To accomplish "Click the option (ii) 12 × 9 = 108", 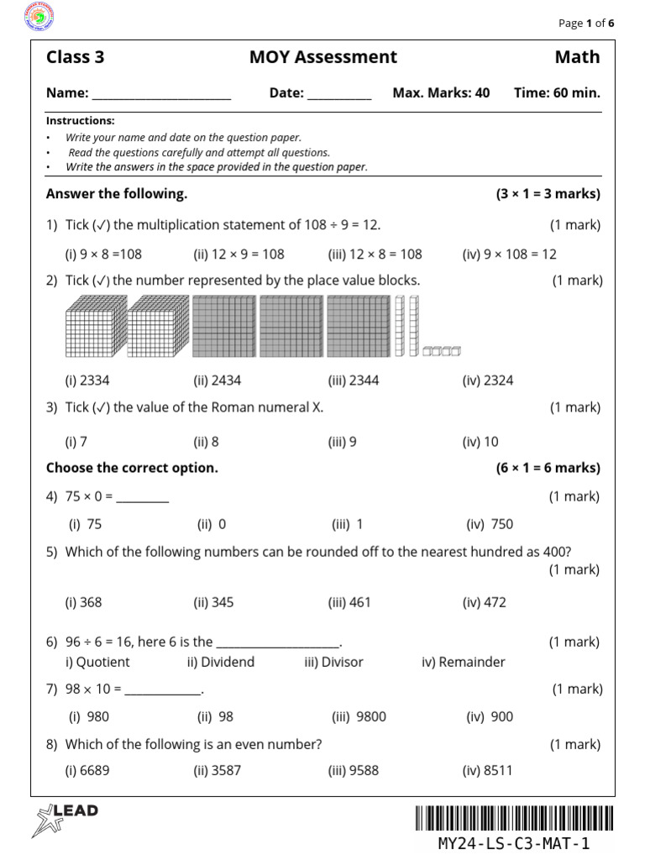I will [239, 254].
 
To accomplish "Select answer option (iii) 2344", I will [354, 380].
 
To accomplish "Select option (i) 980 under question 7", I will [89, 716].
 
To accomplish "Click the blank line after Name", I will [161, 94].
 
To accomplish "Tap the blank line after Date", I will [339, 94].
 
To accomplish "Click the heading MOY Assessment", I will [323, 57].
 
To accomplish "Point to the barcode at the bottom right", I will [514, 818].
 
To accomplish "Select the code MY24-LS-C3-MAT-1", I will [514, 843].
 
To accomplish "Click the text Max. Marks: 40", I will [441, 93].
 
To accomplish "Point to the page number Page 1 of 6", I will [586, 24].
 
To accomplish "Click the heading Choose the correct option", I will [132, 468].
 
